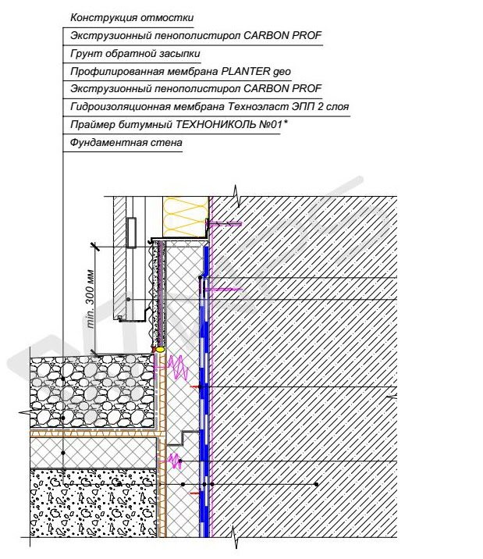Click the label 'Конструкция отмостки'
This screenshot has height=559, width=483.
(132, 17)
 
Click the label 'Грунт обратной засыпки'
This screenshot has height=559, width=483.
(135, 53)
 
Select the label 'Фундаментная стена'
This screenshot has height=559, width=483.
(126, 143)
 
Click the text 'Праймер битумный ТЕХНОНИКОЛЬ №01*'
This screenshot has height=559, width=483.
(179, 124)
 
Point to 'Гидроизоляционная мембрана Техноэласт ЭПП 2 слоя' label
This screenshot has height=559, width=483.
(209, 106)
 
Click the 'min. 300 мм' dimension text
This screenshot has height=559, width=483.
(91, 299)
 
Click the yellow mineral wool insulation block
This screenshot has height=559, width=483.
(186, 216)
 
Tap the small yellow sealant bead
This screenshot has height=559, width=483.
(160, 349)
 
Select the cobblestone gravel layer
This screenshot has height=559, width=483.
(93, 391)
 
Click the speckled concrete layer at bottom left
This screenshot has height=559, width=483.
(94, 503)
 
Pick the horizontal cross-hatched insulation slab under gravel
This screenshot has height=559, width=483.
(94, 452)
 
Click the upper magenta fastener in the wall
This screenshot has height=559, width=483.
(226, 224)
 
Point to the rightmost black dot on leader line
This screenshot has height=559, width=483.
(316, 484)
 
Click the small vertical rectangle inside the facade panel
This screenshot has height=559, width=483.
(131, 232)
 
